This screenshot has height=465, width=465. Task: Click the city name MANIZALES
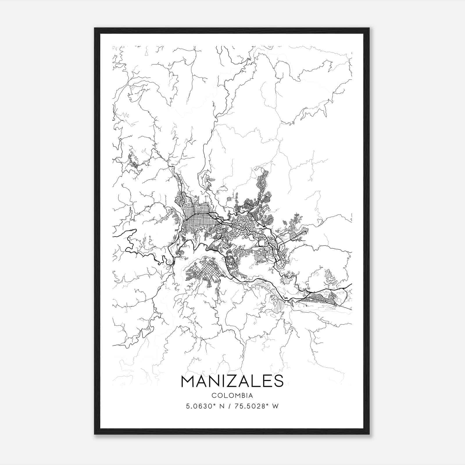pyautogui.click(x=232, y=382)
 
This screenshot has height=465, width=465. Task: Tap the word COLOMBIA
pyautogui.click(x=232, y=396)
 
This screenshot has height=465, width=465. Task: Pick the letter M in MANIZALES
pyautogui.click(x=188, y=382)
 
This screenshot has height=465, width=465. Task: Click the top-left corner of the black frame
pyautogui.click(x=95, y=28)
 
